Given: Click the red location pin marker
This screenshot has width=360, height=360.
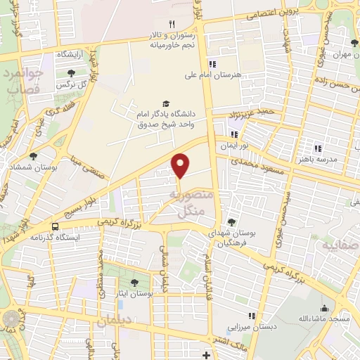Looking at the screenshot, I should [x=181, y=165].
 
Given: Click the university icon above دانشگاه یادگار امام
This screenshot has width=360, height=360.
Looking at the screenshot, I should [x=166, y=103].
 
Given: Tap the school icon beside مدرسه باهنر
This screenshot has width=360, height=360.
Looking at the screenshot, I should [x=318, y=148].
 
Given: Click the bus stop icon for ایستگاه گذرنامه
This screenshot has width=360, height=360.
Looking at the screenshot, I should [x=55, y=226].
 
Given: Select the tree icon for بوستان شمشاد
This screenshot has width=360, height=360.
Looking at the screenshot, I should [x=34, y=156].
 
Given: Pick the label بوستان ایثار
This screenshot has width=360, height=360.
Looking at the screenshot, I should [x=134, y=292].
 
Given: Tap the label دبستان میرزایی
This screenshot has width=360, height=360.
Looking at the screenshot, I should [x=251, y=327].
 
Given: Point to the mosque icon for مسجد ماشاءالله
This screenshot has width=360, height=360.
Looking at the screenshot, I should [x=324, y=308].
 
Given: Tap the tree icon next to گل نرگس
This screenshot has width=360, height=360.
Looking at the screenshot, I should [x=71, y=72].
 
